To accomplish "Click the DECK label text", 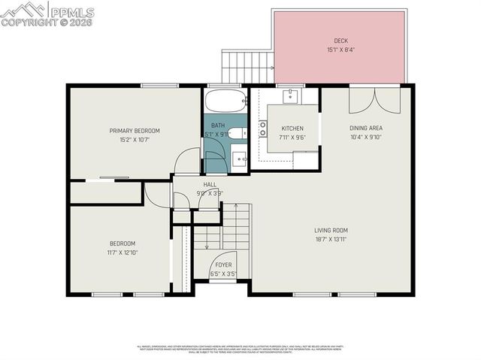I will (341, 41).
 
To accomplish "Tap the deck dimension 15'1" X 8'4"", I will (341, 50).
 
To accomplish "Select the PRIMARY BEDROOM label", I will (135, 131).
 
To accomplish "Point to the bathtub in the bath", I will (225, 101).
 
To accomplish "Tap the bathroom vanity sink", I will (238, 158).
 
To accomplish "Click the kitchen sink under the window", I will (291, 96).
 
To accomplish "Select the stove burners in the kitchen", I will (262, 129).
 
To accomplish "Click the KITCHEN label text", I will (292, 129).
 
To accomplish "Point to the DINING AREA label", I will (366, 129).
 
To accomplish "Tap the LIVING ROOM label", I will (331, 230).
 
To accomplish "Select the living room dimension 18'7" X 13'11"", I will (331, 239).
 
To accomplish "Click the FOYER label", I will (224, 265).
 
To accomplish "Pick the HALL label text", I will (210, 184).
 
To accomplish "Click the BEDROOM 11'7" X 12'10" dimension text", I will (123, 253).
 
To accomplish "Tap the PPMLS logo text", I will (71, 12).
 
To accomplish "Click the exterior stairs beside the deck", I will (247, 66).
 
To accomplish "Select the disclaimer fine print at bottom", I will (240, 349).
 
